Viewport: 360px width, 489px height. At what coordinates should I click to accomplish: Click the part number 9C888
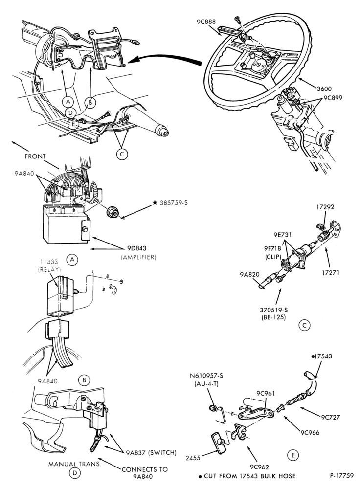pyautogui.click(x=206, y=22)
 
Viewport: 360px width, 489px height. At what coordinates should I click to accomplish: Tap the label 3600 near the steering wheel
pyautogui.click(x=324, y=89)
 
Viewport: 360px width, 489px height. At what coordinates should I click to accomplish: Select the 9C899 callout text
pyautogui.click(x=333, y=98)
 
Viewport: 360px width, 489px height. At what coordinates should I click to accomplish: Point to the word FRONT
pyautogui.click(x=35, y=156)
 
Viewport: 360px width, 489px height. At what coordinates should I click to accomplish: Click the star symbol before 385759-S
pyautogui.click(x=155, y=203)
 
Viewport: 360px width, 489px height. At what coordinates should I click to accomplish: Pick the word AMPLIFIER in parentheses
pyautogui.click(x=138, y=257)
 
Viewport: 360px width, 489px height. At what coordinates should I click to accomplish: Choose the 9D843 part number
pyautogui.click(x=136, y=248)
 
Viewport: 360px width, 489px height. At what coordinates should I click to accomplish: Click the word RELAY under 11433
pyautogui.click(x=49, y=270)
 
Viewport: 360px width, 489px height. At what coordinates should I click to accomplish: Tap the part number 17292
pyautogui.click(x=325, y=207)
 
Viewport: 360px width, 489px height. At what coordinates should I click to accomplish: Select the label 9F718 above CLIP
pyautogui.click(x=273, y=248)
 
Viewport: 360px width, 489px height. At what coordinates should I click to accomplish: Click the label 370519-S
pyautogui.click(x=273, y=310)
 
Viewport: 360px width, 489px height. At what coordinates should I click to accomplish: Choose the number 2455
pyautogui.click(x=193, y=458)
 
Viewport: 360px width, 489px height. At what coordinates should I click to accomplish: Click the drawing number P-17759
pyautogui.click(x=341, y=476)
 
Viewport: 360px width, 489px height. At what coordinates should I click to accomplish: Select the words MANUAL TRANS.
pyautogui.click(x=75, y=464)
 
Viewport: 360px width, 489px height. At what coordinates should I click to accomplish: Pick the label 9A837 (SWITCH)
pyautogui.click(x=151, y=452)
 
